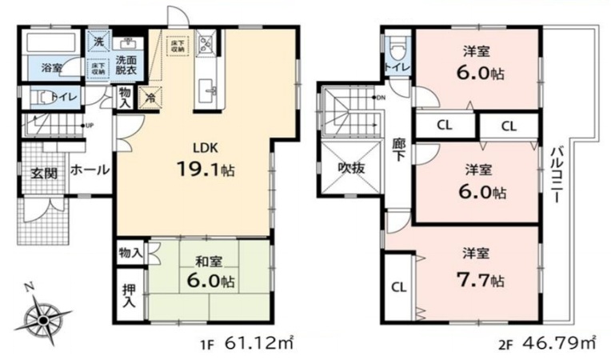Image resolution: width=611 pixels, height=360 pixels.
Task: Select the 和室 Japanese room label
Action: coord(199,259)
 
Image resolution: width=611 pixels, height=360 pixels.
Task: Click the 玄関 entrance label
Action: coord(45,173)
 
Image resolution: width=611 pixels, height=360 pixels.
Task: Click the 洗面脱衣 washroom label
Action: coord(126,65)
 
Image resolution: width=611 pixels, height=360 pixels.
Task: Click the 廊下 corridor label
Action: coord(399,150)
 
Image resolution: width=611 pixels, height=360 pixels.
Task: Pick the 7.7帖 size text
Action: coord(486,279)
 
